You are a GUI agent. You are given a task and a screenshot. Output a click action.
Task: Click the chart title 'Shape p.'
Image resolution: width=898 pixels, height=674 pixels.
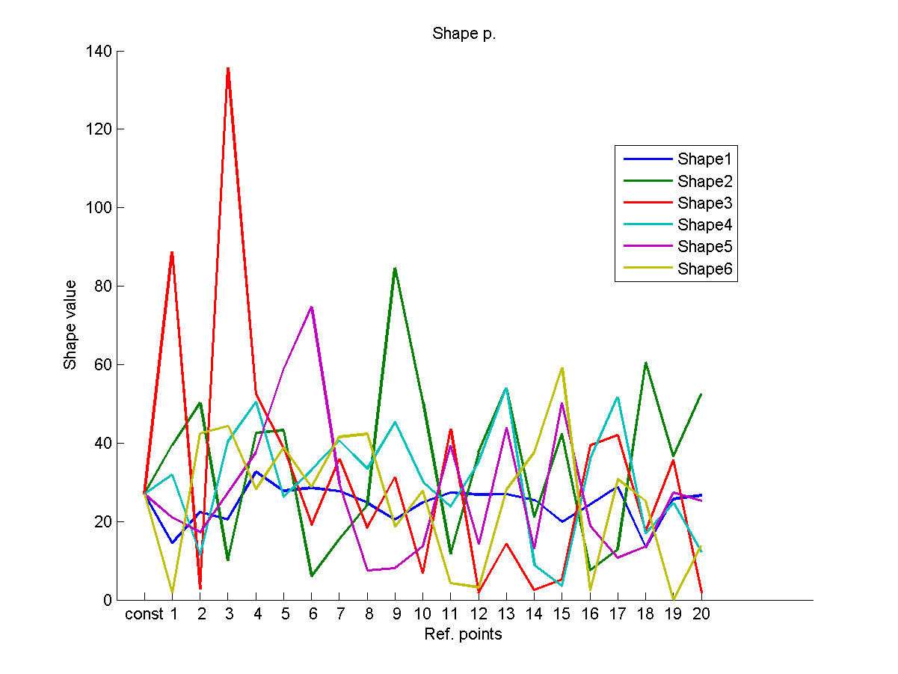point(464,34)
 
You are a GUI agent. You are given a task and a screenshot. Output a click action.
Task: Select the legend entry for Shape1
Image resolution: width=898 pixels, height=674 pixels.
point(704,159)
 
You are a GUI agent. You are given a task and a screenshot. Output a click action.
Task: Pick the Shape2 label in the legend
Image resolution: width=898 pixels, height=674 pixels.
point(704,181)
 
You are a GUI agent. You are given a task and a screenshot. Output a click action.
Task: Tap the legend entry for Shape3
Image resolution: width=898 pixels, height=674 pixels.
point(704,203)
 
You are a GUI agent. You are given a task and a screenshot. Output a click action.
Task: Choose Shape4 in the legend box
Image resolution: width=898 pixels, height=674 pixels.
point(704,224)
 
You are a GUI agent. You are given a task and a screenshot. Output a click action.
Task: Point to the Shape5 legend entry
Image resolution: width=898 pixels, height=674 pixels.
point(704,247)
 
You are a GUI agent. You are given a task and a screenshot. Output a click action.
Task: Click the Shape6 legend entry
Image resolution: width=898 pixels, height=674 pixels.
point(704,269)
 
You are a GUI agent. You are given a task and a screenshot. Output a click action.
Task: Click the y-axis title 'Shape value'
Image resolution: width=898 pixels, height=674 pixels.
point(70,325)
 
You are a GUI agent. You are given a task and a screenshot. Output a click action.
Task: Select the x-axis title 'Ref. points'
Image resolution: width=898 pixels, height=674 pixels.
point(464,635)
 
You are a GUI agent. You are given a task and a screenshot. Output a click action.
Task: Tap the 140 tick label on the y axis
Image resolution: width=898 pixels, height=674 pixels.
point(99,52)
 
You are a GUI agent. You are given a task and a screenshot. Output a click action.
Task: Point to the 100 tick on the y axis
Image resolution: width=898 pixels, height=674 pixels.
point(99,208)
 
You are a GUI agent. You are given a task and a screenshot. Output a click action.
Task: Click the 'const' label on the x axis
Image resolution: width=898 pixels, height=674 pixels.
point(144,615)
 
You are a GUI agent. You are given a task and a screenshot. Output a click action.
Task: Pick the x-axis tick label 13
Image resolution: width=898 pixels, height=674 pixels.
point(506,615)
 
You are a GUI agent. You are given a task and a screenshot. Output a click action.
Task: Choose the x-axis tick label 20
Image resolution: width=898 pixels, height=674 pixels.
point(701,615)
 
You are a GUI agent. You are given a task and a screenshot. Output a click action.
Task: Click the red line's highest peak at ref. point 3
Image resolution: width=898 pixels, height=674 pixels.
point(228,68)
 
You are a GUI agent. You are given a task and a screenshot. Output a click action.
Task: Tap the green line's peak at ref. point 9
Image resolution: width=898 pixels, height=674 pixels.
point(395,268)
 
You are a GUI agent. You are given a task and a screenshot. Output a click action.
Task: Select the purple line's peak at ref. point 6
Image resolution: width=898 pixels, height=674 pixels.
point(311,307)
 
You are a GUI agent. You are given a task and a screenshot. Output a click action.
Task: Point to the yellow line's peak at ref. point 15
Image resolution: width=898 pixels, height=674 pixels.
point(562,368)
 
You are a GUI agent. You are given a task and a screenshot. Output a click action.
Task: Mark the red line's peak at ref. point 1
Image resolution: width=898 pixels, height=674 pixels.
point(172,253)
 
